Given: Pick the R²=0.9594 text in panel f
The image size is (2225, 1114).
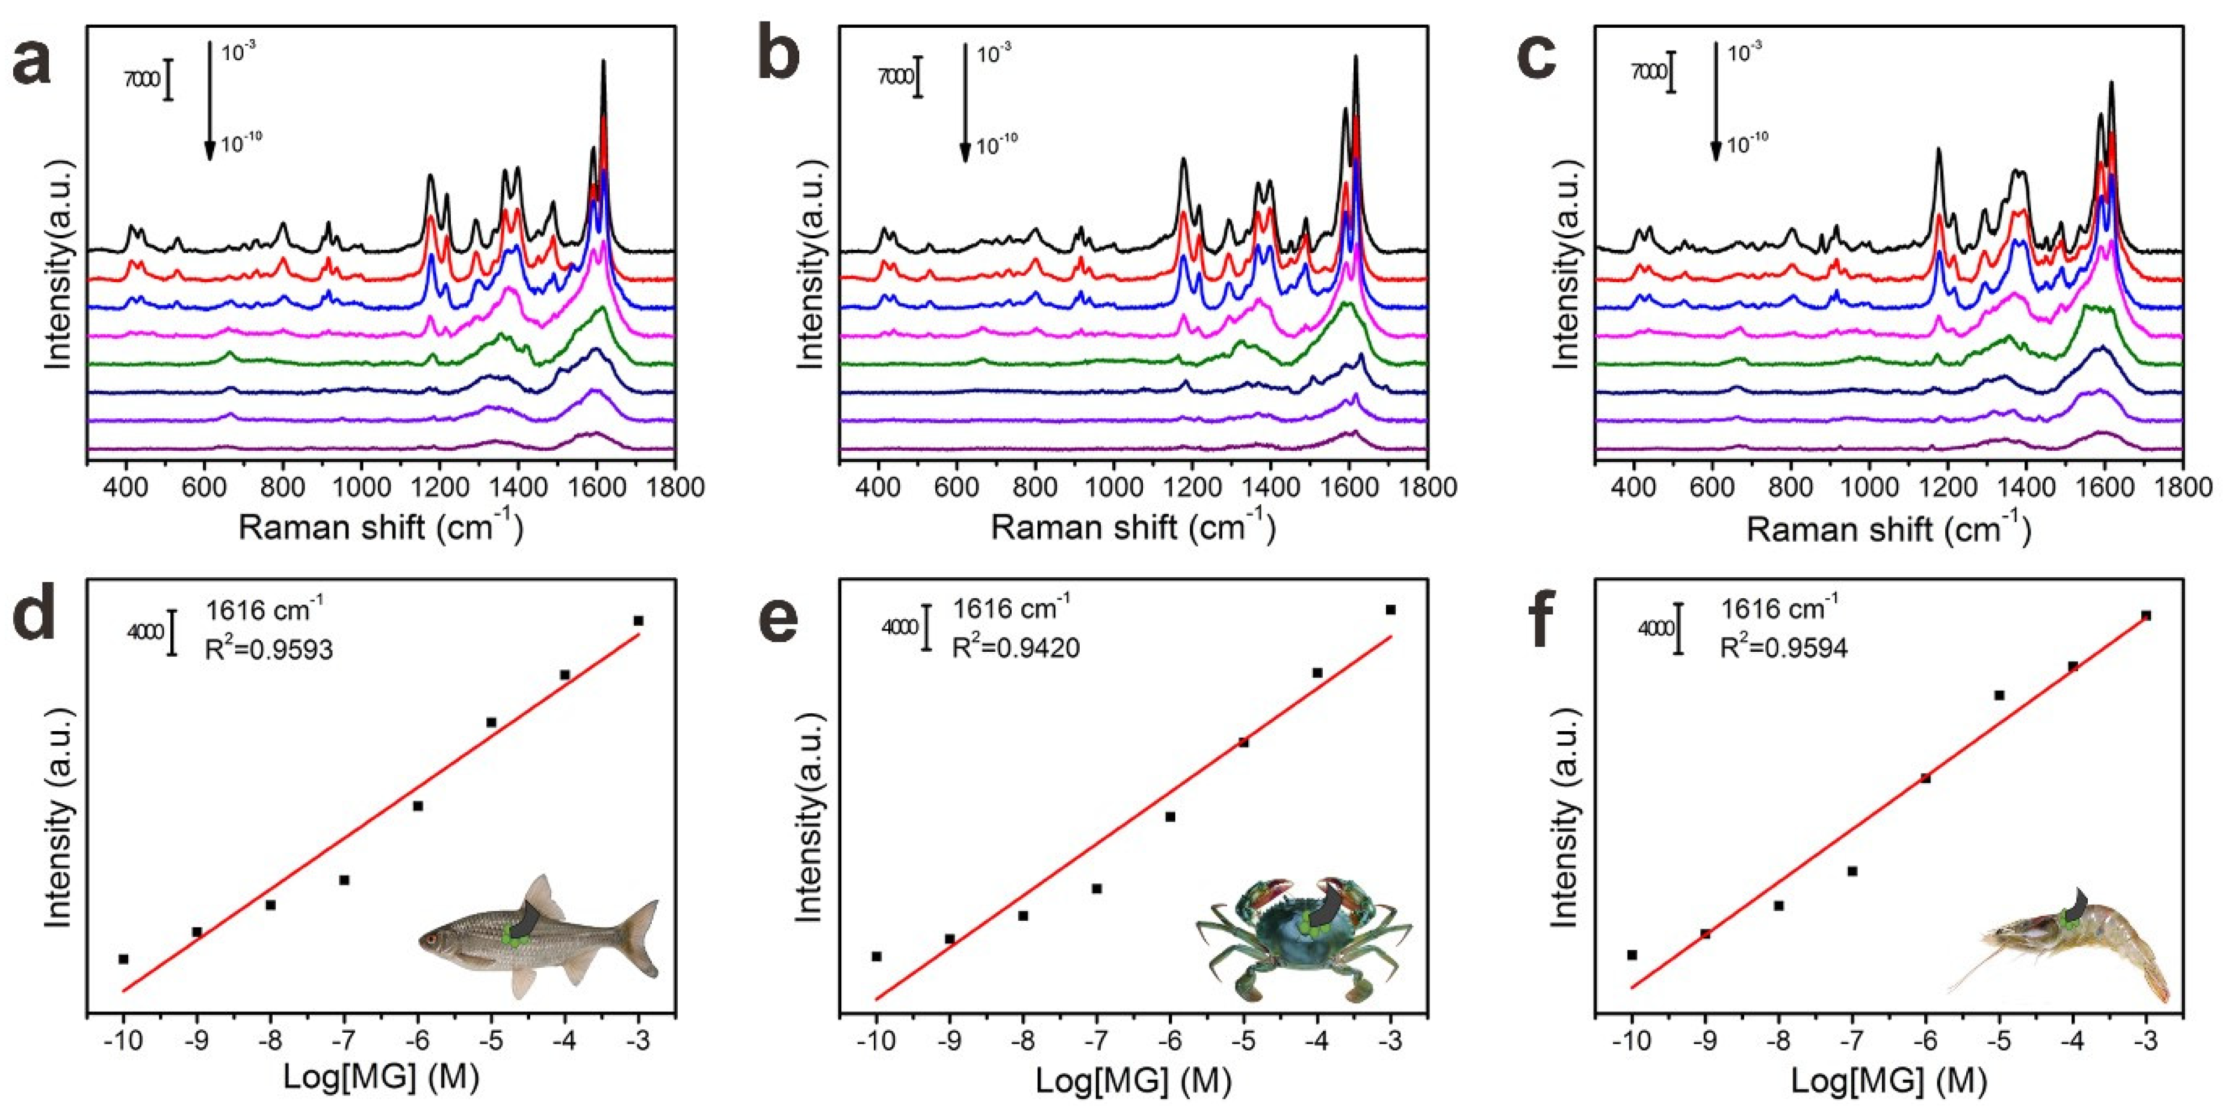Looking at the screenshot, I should pyautogui.click(x=1784, y=648).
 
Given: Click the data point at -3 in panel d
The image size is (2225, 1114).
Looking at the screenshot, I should pyautogui.click(x=639, y=620).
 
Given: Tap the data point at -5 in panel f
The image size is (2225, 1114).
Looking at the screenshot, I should pyautogui.click(x=1999, y=695).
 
